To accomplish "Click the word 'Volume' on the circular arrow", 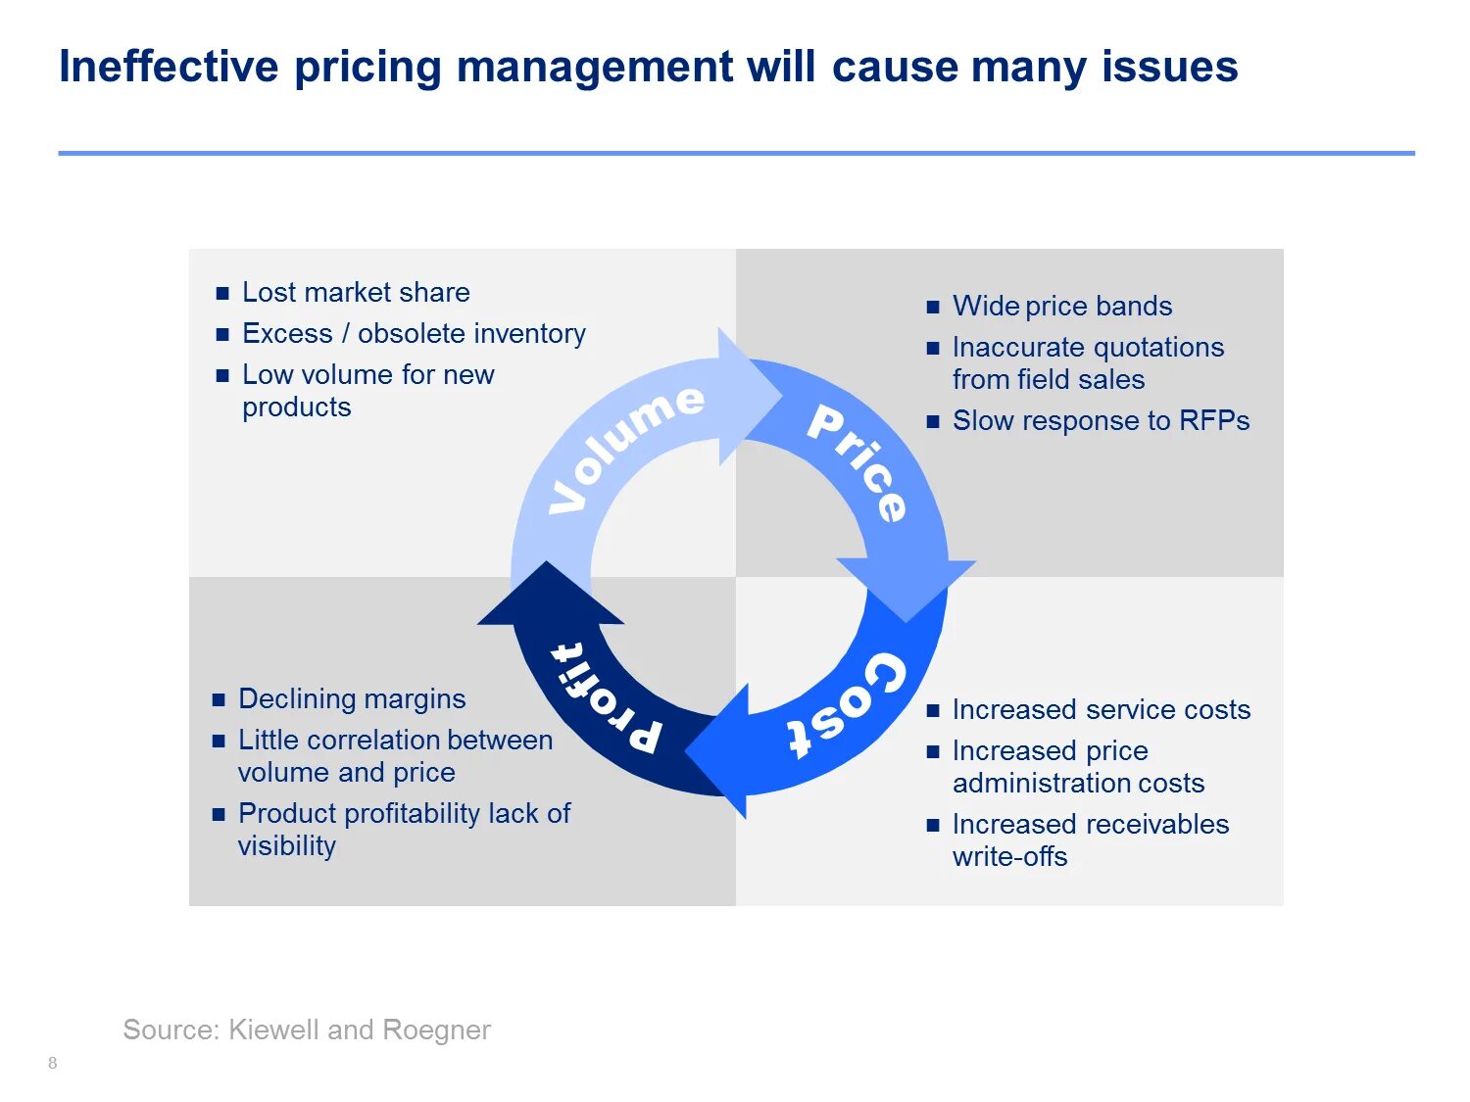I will pyautogui.click(x=625, y=446).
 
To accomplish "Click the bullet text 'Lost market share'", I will pyautogui.click(x=356, y=293).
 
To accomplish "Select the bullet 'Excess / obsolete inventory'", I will pyautogui.click(x=414, y=334).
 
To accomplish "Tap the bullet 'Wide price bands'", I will pyautogui.click(x=1062, y=307).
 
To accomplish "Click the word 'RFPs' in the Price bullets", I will pyautogui.click(x=1214, y=421).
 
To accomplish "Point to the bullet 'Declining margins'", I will pyautogui.click(x=352, y=699).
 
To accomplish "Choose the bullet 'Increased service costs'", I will pyautogui.click(x=1102, y=710).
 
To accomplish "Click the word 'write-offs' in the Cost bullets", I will pyautogui.click(x=1009, y=857).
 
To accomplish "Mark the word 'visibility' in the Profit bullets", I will pyautogui.click(x=287, y=846).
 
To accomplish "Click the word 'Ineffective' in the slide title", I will pyautogui.click(x=169, y=68).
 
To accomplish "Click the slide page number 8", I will pyautogui.click(x=53, y=1064).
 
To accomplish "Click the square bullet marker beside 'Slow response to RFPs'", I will pyautogui.click(x=933, y=422).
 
